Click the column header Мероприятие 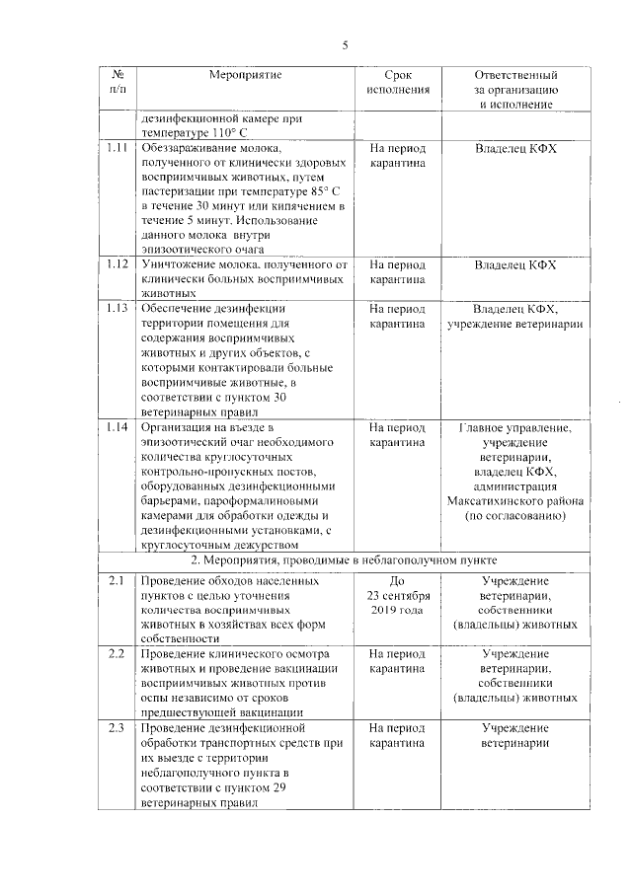(x=246, y=75)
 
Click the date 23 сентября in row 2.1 (x=397, y=596)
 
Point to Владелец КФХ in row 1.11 (x=515, y=149)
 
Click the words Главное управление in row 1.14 (x=515, y=428)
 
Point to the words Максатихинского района (x=515, y=501)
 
